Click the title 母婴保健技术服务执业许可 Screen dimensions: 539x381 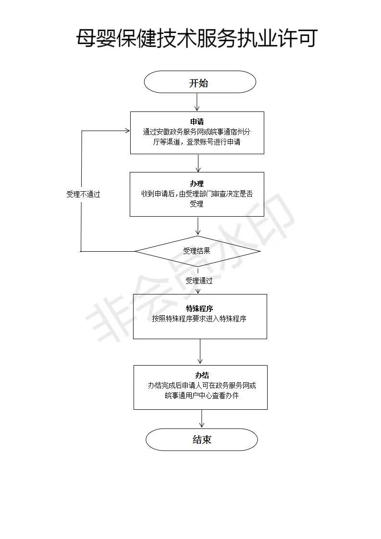pos(197,38)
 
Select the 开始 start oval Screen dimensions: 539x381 pos(199,82)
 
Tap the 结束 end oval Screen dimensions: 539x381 pos(202,440)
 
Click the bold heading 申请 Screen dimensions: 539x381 pos(197,122)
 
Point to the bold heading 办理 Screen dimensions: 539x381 pos(197,184)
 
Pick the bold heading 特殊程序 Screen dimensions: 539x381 pos(199,308)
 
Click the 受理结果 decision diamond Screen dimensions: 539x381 pos(197,251)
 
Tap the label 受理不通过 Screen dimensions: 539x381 pos(83,195)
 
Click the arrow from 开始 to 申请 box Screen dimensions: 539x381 pos(197,102)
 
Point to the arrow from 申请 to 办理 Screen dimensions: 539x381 pos(197,163)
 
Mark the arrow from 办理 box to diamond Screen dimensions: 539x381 pos(197,226)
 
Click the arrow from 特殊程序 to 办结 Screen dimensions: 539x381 pos(200,352)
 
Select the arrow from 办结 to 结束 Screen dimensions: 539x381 pos(202,418)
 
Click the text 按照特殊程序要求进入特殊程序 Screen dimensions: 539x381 pos(199,318)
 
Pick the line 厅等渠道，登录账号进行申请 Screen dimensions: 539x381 pos(197,142)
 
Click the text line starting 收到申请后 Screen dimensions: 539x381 pos(197,194)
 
